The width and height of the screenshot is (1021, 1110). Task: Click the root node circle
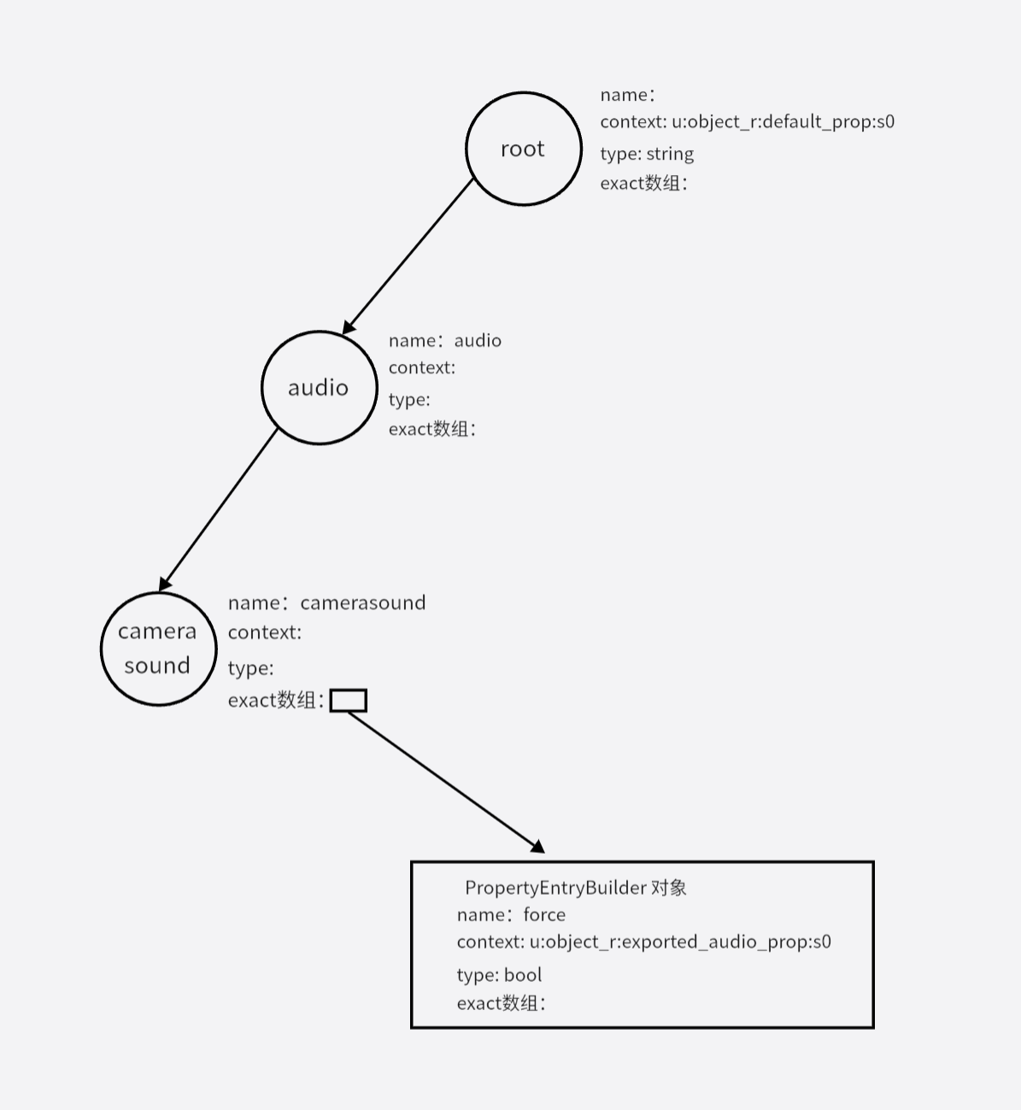pos(523,149)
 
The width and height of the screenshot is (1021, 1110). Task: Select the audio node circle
pos(319,387)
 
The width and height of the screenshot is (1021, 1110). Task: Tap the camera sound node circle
pos(158,649)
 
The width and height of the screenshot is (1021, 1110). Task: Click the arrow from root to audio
pos(408,255)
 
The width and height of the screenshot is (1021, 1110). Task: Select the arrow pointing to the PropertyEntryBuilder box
pos(444,781)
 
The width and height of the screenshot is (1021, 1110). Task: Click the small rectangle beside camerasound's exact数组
pos(348,701)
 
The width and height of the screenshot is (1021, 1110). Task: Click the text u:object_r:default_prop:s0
pos(783,121)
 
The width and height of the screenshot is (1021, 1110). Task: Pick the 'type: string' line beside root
pos(647,154)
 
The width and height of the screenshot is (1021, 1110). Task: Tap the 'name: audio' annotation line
pos(444,340)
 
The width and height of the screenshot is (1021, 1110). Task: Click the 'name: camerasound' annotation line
pos(326,602)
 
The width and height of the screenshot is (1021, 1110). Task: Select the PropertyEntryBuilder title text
pos(575,888)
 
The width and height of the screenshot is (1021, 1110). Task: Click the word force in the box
pos(544,914)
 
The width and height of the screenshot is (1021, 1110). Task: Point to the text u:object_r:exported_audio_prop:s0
pos(680,942)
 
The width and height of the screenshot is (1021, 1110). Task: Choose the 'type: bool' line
pos(499,975)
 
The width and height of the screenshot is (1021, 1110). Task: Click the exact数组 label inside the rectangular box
pos(501,1003)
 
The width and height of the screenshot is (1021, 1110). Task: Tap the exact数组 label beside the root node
pos(643,183)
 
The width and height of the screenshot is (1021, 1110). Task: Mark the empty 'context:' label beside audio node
pos(422,367)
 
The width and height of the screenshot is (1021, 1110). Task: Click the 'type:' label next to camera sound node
pos(250,668)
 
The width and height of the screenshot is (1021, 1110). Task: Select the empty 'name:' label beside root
pos(627,95)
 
